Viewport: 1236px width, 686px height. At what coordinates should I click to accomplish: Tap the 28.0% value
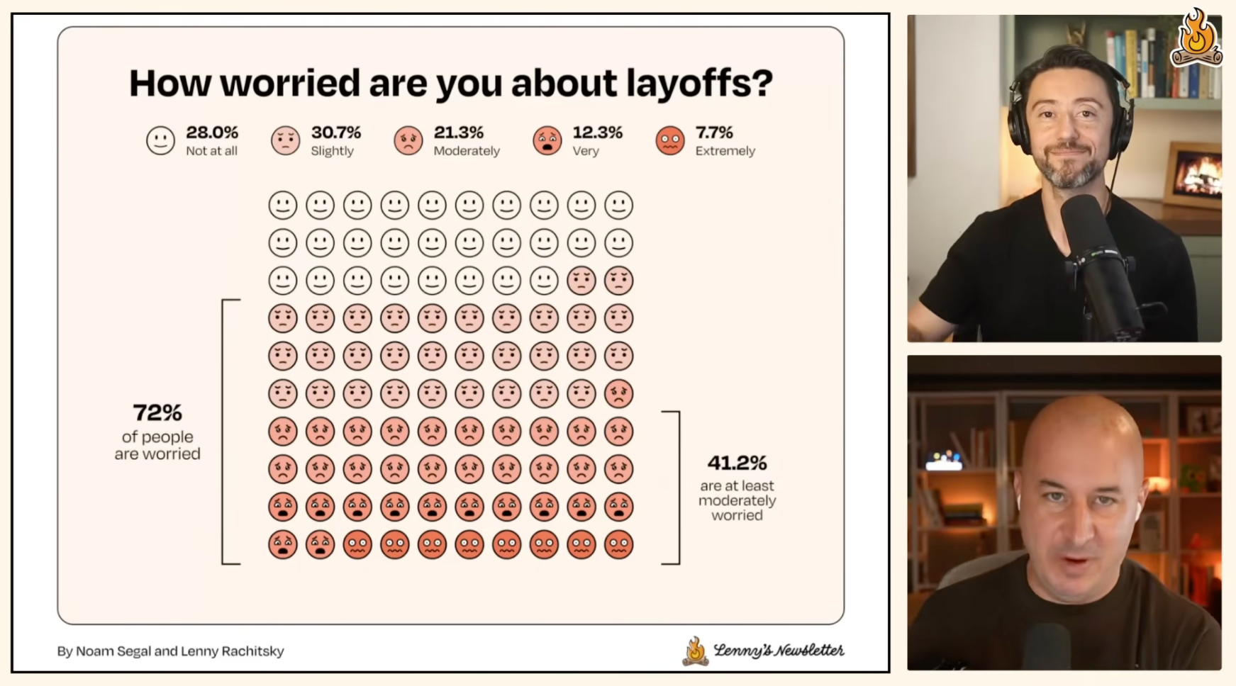212,133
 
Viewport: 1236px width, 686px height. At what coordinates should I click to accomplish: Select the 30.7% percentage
336,133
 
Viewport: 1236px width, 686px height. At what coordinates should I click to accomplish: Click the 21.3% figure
459,133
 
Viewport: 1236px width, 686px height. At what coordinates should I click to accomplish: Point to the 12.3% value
598,133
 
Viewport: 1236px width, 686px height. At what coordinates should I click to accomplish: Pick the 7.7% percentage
714,133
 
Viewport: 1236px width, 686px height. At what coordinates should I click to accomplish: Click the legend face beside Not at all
160,140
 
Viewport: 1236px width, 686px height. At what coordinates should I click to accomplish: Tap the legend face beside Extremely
670,140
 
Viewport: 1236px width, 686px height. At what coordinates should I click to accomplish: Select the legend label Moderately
467,151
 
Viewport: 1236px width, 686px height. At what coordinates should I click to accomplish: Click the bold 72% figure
157,412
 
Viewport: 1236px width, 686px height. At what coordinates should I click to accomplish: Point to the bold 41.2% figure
737,463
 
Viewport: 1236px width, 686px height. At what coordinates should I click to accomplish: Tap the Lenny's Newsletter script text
779,650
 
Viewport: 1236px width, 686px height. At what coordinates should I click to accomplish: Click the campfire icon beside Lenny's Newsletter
696,651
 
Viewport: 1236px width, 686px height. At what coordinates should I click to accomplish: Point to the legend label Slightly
332,151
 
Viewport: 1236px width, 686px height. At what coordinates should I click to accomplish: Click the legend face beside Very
547,140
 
